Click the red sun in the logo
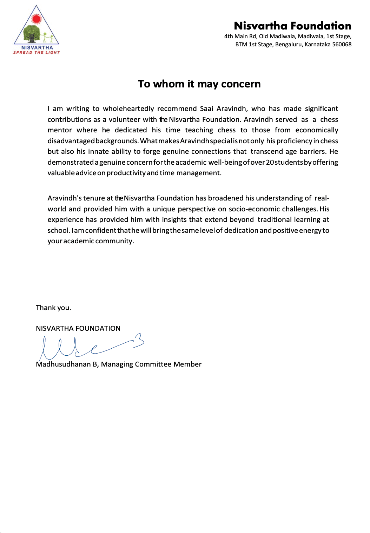(37, 19)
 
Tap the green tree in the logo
(32, 34)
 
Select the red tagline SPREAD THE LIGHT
(37, 53)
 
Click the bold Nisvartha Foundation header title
(292, 26)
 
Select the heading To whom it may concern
(199, 84)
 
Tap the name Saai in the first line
(206, 109)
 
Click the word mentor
(60, 130)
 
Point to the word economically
(317, 130)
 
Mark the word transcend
(266, 152)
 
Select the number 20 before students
(270, 162)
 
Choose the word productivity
(126, 173)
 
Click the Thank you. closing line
(53, 308)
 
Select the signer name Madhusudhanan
(63, 364)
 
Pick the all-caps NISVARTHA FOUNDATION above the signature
(78, 329)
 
